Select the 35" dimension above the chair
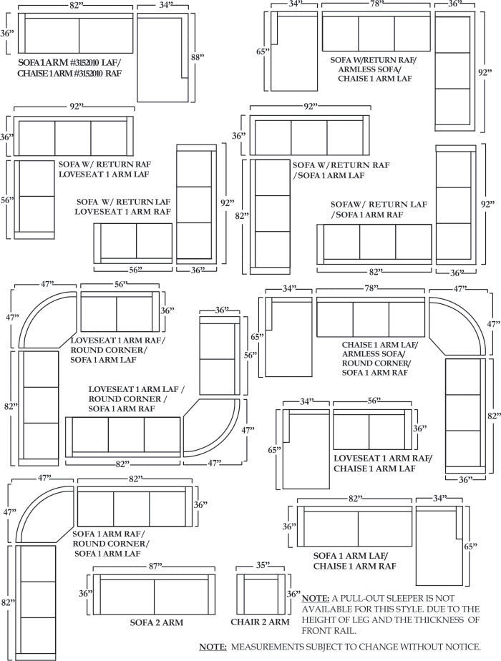click(263, 566)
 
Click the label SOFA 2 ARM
click(157, 622)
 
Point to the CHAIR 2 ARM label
click(260, 622)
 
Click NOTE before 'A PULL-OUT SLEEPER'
click(315, 598)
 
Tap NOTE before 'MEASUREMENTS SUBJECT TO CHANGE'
click(213, 647)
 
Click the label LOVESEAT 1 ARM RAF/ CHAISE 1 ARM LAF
click(383, 463)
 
